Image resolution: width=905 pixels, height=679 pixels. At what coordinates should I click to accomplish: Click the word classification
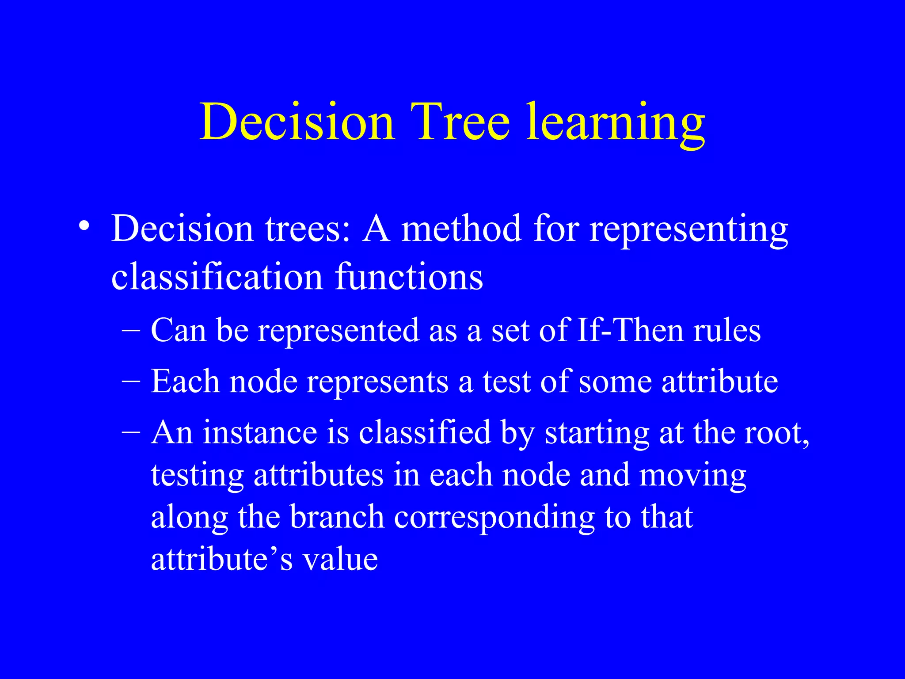217,277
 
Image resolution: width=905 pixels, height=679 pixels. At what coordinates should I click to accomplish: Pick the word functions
409,277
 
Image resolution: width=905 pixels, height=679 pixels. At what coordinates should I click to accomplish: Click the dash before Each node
131,381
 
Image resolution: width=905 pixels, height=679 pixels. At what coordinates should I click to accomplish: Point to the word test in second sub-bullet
506,381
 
